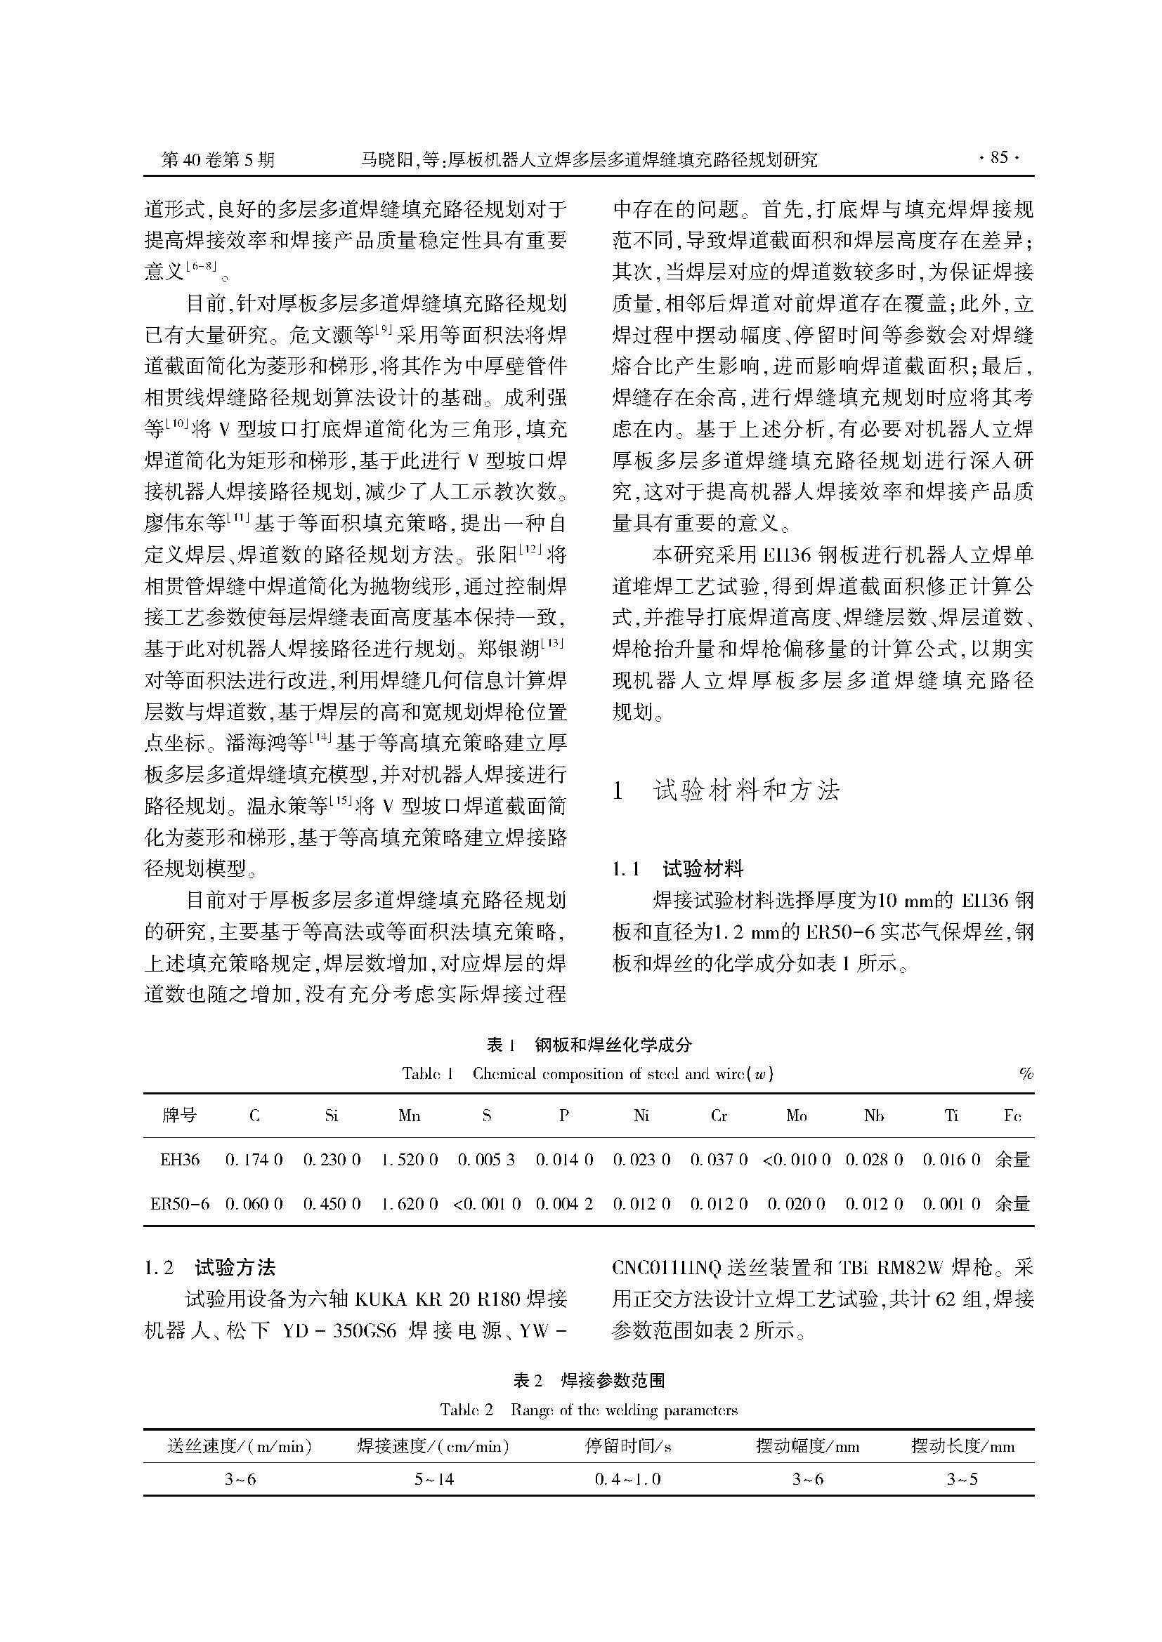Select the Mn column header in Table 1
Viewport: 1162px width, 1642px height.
[x=410, y=1115]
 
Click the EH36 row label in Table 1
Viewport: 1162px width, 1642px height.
[x=181, y=1160]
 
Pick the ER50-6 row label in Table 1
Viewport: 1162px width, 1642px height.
[x=181, y=1204]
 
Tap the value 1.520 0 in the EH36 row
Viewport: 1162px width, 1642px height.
[x=410, y=1160]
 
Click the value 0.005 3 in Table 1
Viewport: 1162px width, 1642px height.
[x=487, y=1160]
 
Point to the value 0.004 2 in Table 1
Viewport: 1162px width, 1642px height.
[x=564, y=1204]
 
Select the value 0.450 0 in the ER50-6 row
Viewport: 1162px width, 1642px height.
[x=332, y=1204]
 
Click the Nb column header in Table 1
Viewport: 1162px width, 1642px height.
[x=874, y=1115]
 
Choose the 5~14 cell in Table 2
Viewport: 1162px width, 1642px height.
[x=433, y=1479]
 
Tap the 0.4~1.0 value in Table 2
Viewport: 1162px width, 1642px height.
[x=627, y=1479]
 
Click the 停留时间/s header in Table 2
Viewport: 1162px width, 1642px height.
[x=627, y=1446]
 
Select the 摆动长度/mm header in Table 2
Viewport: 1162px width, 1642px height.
[x=962, y=1446]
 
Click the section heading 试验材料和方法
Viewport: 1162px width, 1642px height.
[x=745, y=790]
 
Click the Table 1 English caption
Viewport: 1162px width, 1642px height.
[x=587, y=1073]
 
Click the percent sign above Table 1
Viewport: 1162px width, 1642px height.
[x=1026, y=1073]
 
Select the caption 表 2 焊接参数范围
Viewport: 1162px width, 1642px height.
[x=588, y=1380]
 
